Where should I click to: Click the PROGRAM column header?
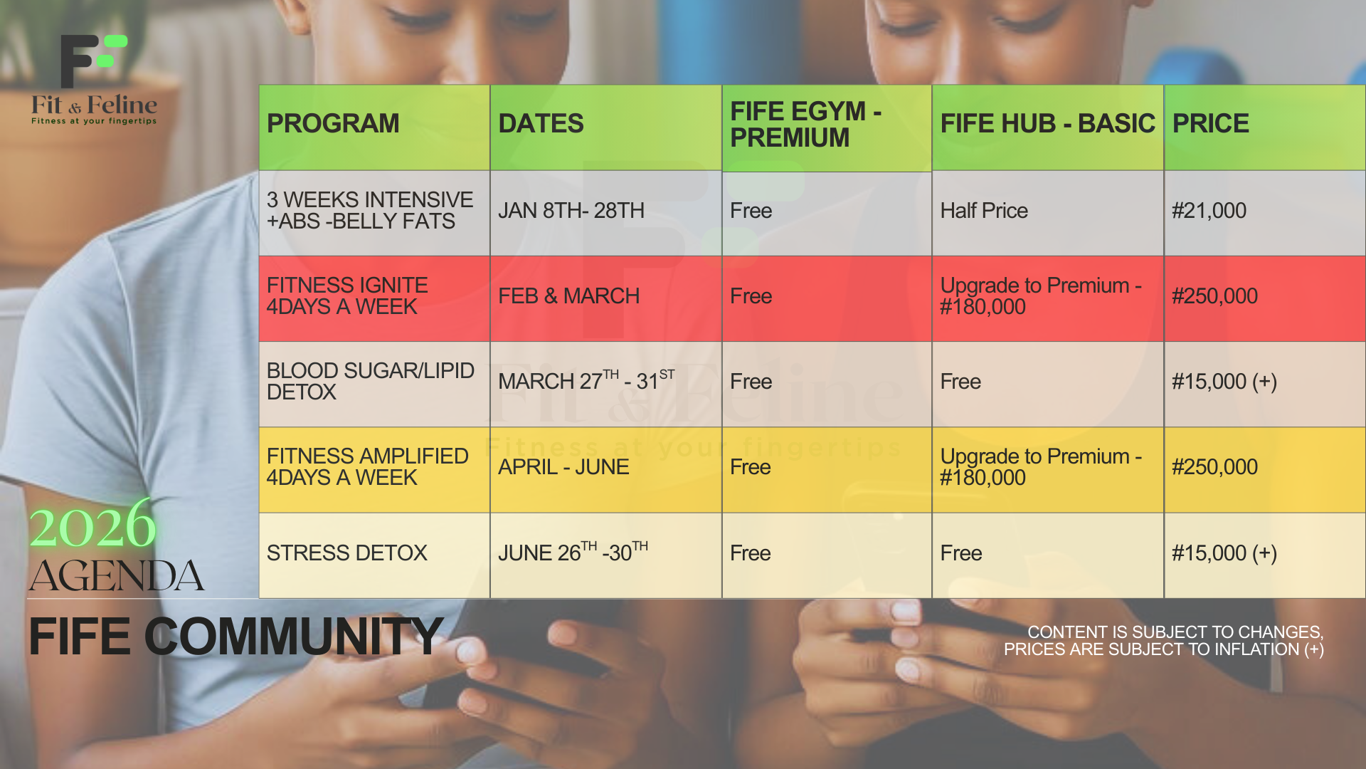pos(333,124)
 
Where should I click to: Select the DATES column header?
pos(541,124)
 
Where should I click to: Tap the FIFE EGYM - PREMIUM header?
pos(806,124)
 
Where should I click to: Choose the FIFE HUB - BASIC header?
pos(1047,124)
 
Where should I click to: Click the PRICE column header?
pos(1210,124)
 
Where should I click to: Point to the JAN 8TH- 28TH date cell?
pos(571,211)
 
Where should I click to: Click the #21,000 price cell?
pos(1209,211)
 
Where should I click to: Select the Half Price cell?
pos(984,211)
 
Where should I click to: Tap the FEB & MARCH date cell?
pos(568,296)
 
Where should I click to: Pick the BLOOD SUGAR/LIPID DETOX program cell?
pos(370,381)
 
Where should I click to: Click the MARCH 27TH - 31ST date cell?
pos(586,380)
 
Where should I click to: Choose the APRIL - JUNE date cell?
pos(563,467)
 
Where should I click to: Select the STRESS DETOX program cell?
pos(346,553)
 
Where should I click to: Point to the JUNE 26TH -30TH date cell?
pos(573,552)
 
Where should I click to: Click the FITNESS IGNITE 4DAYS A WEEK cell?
pos(347,295)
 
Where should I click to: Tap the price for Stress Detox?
pos(1224,553)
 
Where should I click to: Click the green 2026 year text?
pos(92,525)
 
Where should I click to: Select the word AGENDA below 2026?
pos(117,575)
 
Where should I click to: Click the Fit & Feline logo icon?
pos(94,61)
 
